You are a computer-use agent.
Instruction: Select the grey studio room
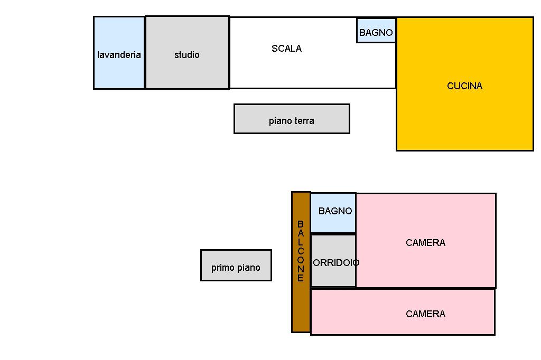pyautogui.click(x=187, y=71)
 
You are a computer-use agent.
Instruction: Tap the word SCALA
pyautogui.click(x=286, y=49)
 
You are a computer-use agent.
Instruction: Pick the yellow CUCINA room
pyautogui.click(x=465, y=116)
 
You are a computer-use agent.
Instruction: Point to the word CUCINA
pyautogui.click(x=465, y=86)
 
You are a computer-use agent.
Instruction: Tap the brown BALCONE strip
pyautogui.click(x=301, y=306)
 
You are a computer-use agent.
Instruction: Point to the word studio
pyautogui.click(x=187, y=55)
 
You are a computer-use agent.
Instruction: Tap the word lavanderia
pyautogui.click(x=119, y=55)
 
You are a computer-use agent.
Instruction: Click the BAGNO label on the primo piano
pyautogui.click(x=335, y=211)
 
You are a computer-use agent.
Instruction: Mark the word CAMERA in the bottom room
pyautogui.click(x=426, y=314)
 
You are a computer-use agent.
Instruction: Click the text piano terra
pyautogui.click(x=292, y=121)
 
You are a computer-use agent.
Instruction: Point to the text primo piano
pyautogui.click(x=236, y=268)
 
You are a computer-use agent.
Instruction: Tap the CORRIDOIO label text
pyautogui.click(x=334, y=263)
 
